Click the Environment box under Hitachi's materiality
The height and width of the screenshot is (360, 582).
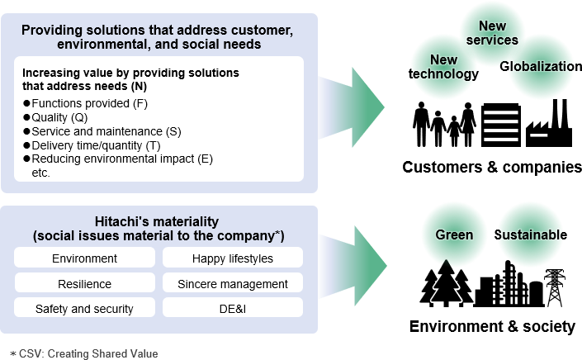pyautogui.click(x=84, y=258)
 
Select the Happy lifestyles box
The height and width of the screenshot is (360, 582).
pyautogui.click(x=233, y=258)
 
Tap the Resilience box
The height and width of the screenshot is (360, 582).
pyautogui.click(x=84, y=284)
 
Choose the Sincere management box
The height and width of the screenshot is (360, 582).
pyautogui.click(x=233, y=284)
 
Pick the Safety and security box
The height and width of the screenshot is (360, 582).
pyautogui.click(x=84, y=309)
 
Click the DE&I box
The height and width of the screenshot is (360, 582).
pyautogui.click(x=233, y=309)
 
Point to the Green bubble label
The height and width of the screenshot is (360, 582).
pyautogui.click(x=454, y=235)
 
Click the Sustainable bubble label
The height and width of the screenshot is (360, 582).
pyautogui.click(x=530, y=235)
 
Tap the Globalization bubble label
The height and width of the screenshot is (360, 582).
pyautogui.click(x=541, y=66)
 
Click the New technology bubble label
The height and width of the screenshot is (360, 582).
pyautogui.click(x=443, y=67)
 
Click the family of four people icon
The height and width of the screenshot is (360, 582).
pyautogui.click(x=444, y=125)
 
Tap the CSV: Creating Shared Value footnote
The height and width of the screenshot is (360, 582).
pyautogui.click(x=83, y=353)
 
